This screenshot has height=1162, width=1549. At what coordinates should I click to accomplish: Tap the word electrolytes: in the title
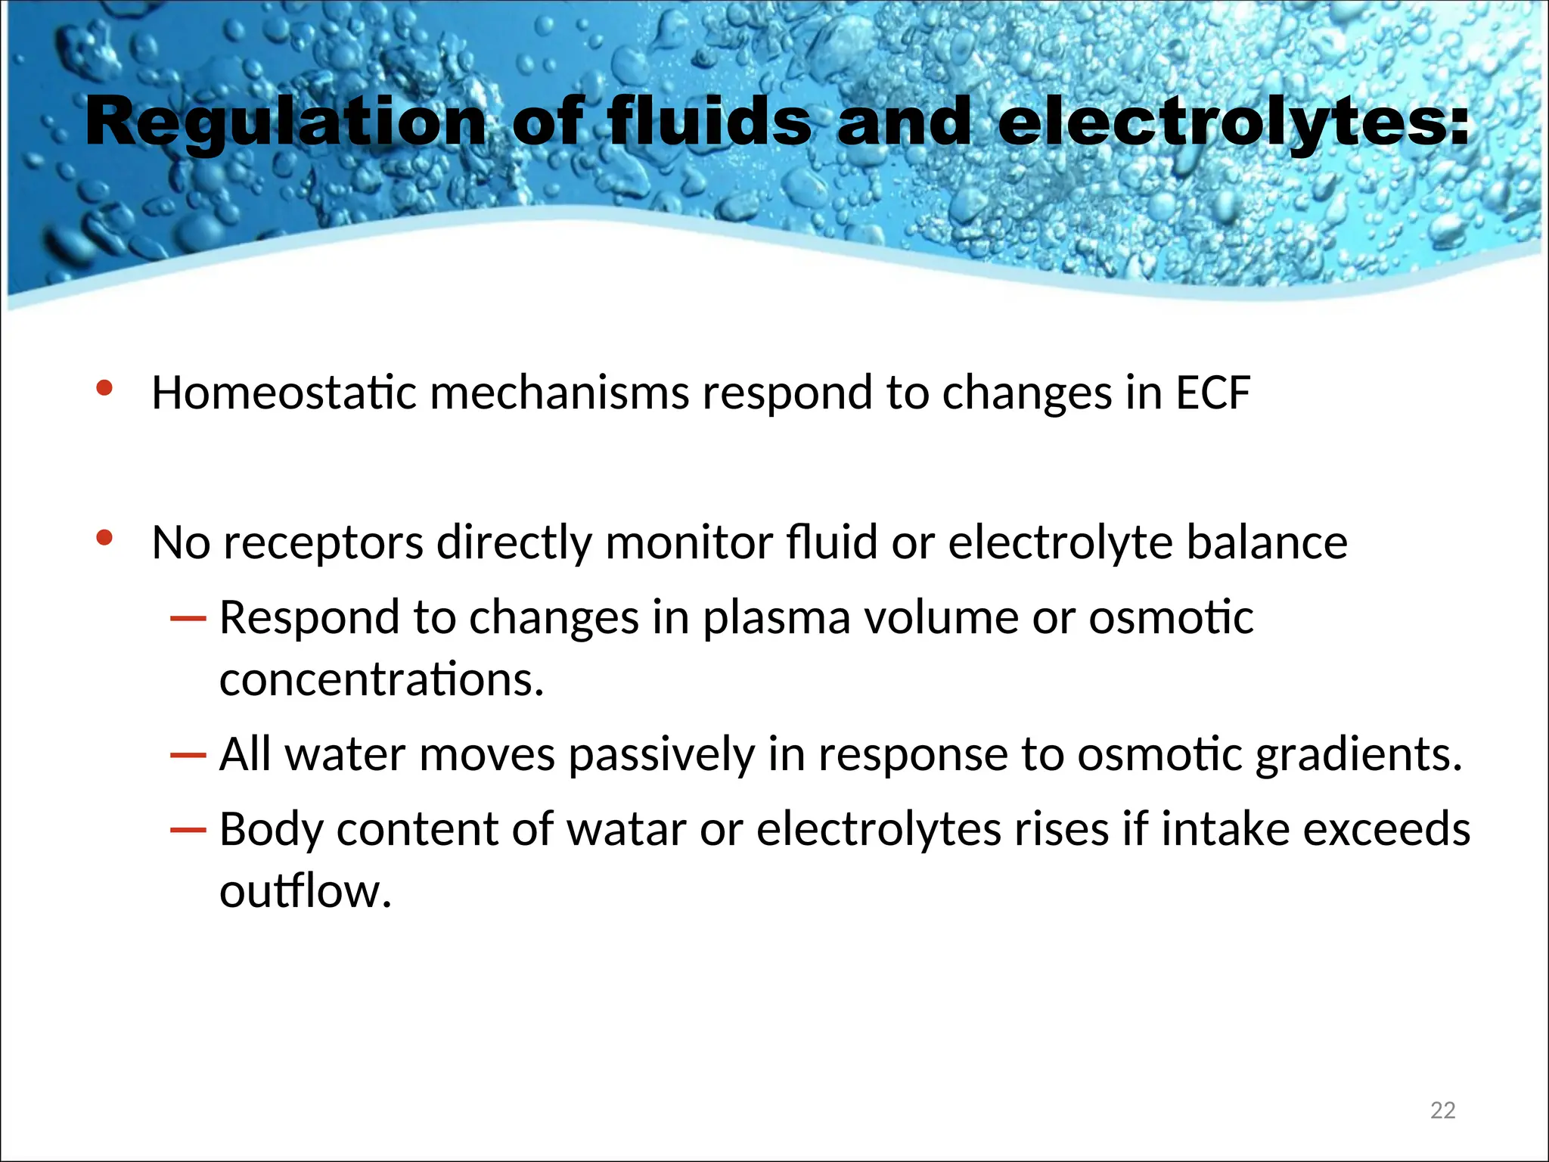coord(1234,123)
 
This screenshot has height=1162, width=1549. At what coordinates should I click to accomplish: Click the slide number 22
coord(1442,1110)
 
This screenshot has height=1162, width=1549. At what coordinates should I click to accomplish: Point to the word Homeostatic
coord(284,393)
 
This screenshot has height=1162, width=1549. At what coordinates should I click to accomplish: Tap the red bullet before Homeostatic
coord(104,389)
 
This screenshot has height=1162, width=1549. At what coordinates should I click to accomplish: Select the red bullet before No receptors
coord(104,539)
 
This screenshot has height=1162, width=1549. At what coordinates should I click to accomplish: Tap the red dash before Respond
coord(188,619)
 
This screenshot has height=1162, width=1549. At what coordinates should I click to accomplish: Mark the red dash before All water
coord(188,755)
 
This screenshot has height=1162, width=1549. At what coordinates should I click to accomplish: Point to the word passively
coord(662,755)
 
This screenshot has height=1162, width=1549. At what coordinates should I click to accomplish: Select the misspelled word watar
coord(626,829)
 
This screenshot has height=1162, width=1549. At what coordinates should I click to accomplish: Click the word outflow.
coord(305,891)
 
